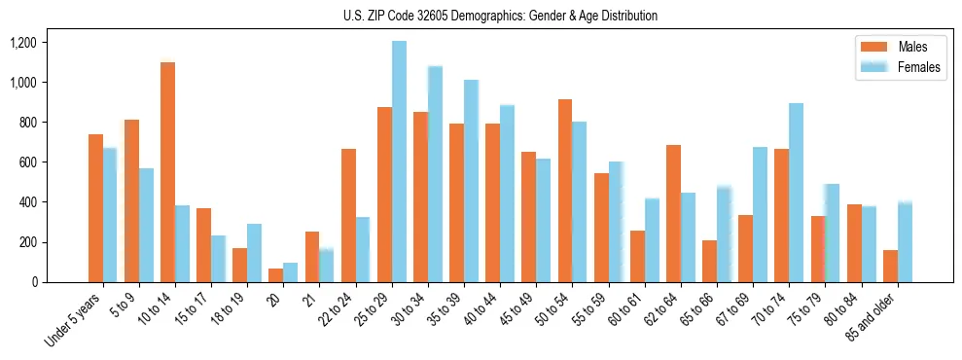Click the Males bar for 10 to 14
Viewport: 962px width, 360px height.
[x=167, y=172]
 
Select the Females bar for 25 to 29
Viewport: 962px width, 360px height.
[x=399, y=162]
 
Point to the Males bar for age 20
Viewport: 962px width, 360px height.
[x=276, y=275]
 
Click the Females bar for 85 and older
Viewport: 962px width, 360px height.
[x=905, y=242]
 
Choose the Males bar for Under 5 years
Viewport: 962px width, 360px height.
[x=95, y=208]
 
